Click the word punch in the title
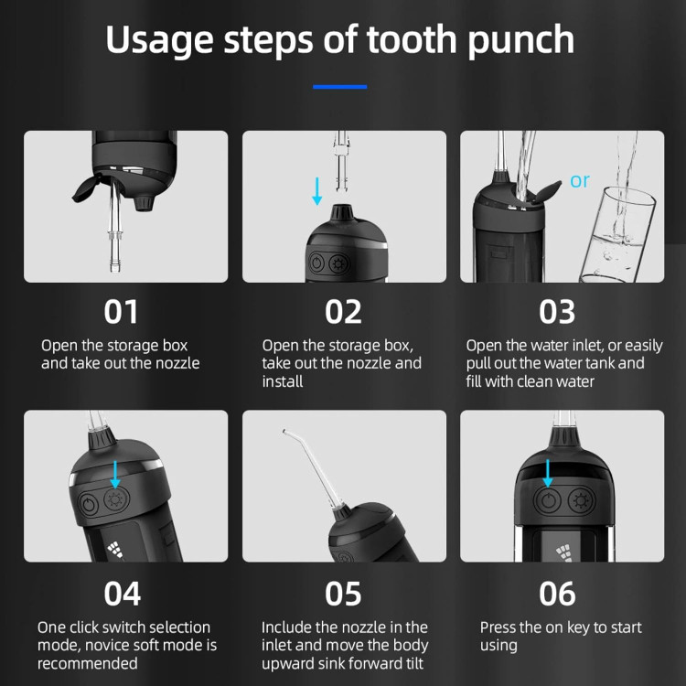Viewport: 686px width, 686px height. (520, 41)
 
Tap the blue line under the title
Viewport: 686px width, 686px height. (340, 87)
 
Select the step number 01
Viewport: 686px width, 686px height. (121, 312)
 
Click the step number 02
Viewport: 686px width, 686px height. (343, 312)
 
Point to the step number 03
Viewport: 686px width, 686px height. (557, 312)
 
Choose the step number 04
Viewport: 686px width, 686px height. (123, 594)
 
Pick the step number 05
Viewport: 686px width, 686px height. (343, 594)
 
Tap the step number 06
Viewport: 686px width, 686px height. (557, 594)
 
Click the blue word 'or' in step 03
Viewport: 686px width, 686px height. (580, 181)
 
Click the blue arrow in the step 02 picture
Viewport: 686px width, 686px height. (317, 191)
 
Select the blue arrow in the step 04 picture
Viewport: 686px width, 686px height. (115, 474)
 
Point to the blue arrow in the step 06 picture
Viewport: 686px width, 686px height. (548, 473)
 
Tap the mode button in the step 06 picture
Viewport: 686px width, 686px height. (582, 501)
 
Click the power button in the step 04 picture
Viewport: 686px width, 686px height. (89, 504)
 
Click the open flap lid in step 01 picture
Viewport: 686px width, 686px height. (88, 188)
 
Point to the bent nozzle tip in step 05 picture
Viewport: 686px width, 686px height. (284, 432)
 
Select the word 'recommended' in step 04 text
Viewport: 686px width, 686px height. (88, 663)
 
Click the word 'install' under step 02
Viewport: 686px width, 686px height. (283, 381)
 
